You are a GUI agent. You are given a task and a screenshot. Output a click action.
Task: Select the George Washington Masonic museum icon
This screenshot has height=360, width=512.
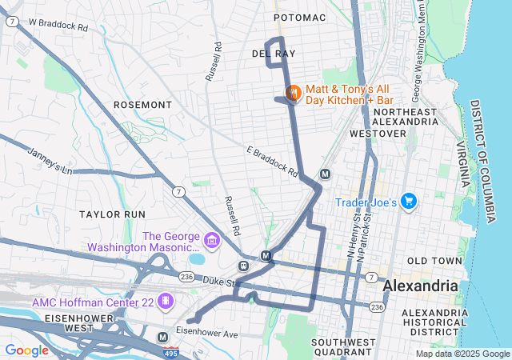tap(211, 240)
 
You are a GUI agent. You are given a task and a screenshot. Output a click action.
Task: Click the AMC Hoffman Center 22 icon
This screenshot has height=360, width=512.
tap(166, 302)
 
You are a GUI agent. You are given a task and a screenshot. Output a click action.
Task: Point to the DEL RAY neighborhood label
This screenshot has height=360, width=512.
tap(274, 54)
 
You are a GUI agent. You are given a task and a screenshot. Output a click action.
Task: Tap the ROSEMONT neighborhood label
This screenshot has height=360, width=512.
tap(142, 105)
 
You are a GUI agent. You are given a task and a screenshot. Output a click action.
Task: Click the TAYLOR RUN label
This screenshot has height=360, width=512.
tap(112, 214)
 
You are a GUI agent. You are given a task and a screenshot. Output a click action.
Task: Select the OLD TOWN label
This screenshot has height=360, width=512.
tap(434, 262)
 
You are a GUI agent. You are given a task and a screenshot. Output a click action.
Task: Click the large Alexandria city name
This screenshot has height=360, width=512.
tap(421, 286)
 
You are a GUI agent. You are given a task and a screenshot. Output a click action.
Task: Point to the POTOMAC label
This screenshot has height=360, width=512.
tap(300, 17)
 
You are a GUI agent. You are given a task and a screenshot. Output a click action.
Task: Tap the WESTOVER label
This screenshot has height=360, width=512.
tap(378, 134)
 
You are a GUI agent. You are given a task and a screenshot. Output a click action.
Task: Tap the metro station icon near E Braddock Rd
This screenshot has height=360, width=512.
tap(325, 174)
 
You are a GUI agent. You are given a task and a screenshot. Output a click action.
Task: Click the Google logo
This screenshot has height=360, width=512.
tap(26, 350)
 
